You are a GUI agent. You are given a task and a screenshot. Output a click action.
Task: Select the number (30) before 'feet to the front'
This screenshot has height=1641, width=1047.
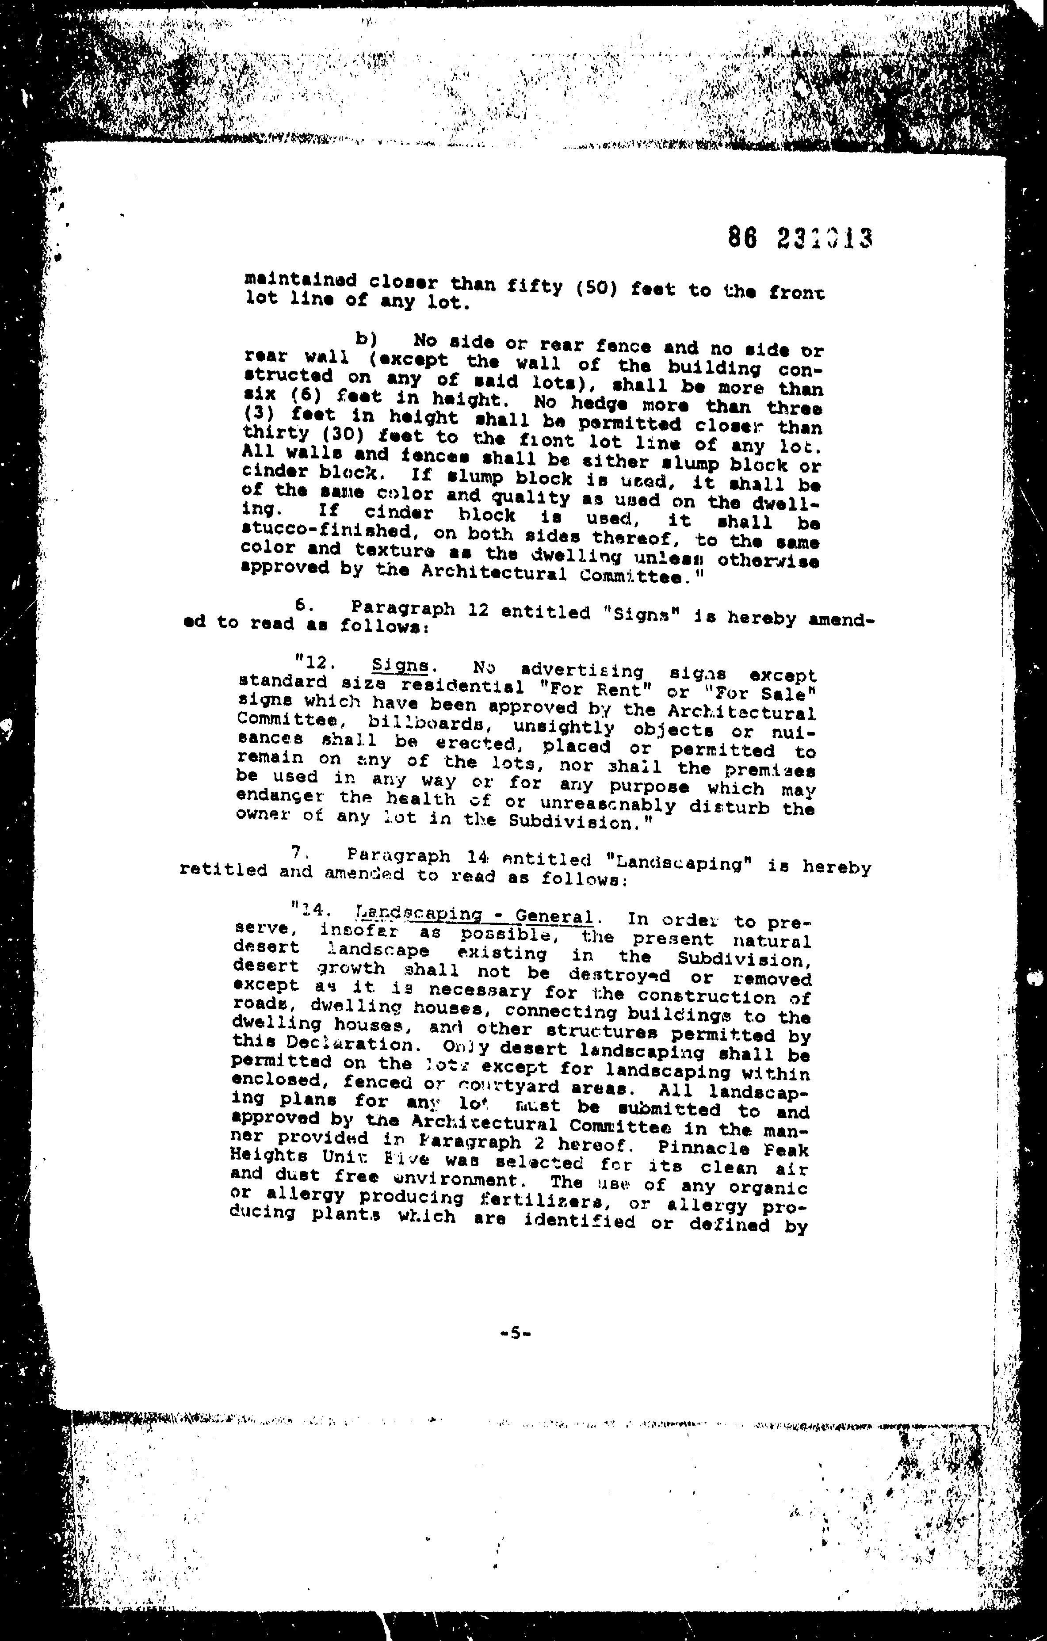pos(333,435)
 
